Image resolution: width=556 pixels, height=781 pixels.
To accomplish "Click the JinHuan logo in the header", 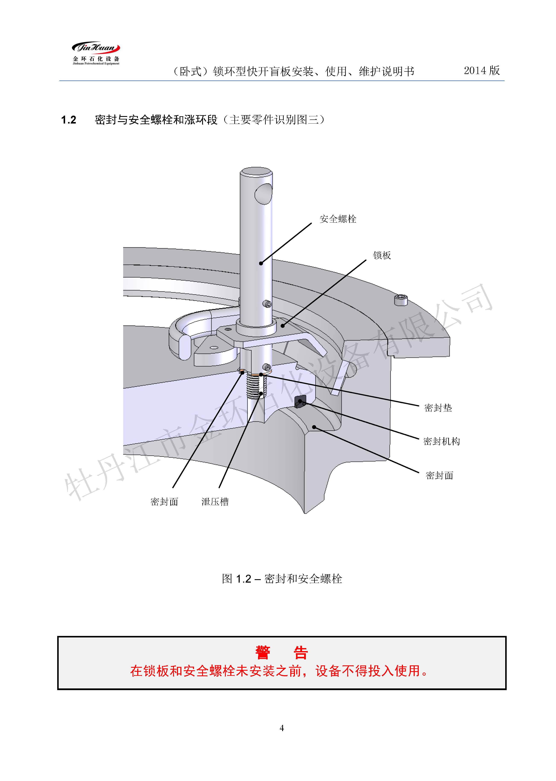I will (x=96, y=53).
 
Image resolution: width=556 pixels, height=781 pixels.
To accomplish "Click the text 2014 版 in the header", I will (x=481, y=70).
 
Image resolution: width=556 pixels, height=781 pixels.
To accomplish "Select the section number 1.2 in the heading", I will (x=69, y=120).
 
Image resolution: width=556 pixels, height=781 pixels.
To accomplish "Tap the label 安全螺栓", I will (x=338, y=219).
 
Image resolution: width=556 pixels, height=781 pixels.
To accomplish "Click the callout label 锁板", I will (x=382, y=255).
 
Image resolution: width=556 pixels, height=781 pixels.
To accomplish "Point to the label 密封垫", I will (x=438, y=408).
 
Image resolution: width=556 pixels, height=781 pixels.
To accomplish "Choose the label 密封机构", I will (x=441, y=441).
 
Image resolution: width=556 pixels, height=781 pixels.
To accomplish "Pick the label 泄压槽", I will (x=215, y=502).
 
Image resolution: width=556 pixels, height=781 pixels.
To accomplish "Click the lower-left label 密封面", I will (x=164, y=502).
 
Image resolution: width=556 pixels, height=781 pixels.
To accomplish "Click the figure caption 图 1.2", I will (x=282, y=579).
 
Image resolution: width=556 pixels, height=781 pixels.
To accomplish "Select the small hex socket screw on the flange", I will (x=401, y=300).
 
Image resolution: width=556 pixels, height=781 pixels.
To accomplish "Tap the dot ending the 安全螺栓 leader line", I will (x=261, y=263).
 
